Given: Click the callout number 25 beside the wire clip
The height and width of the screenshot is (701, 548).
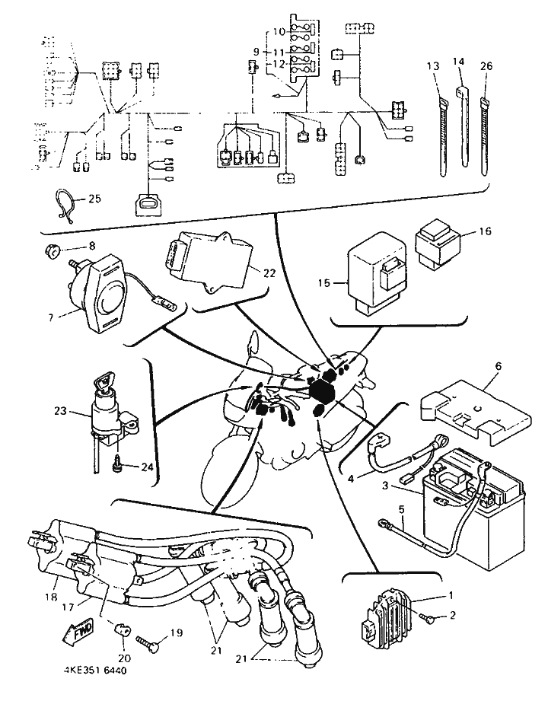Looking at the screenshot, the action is pyautogui.click(x=95, y=198).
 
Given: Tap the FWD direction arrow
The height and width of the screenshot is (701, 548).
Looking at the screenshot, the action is pyautogui.click(x=80, y=630).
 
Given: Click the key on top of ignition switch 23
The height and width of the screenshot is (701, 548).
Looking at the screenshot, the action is pyautogui.click(x=104, y=384).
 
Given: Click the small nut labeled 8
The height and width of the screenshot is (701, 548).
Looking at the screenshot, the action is pyautogui.click(x=53, y=252).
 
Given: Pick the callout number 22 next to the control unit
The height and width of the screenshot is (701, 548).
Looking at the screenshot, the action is pyautogui.click(x=269, y=272).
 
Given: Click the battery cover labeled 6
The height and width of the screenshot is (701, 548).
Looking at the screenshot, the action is pyautogui.click(x=475, y=415).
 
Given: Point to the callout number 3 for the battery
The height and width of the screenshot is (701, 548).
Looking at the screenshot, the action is pyautogui.click(x=385, y=485).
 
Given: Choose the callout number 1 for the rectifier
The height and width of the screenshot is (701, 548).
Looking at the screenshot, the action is pyautogui.click(x=451, y=595).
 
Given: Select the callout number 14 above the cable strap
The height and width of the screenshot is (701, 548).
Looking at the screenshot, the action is pyautogui.click(x=459, y=61).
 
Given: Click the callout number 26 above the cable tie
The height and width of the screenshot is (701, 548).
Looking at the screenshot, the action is pyautogui.click(x=486, y=65).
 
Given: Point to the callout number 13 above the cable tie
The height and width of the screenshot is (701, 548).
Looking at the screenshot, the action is pyautogui.click(x=432, y=66).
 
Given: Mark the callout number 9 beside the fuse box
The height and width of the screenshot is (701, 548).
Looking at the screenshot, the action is pyautogui.click(x=256, y=52).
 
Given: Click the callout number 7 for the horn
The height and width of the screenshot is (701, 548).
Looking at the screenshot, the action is pyautogui.click(x=50, y=317).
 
